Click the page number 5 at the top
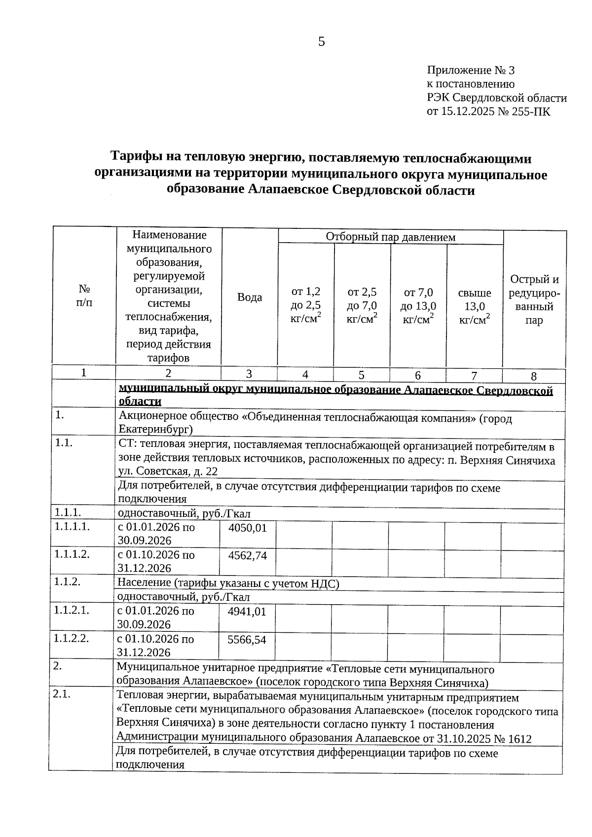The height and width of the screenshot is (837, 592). point(321,42)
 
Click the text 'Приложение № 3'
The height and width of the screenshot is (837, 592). point(471,71)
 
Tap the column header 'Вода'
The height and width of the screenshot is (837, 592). point(250,297)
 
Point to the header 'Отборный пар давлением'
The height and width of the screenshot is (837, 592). point(390,237)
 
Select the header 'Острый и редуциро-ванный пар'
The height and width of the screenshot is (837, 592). point(534,300)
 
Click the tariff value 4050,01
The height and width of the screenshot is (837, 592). point(248,528)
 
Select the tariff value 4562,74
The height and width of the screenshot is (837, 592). point(248,556)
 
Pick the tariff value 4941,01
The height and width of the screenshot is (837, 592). point(247,612)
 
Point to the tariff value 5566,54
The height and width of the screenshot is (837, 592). point(247,640)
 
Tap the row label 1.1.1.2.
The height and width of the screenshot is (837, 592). point(72,554)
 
